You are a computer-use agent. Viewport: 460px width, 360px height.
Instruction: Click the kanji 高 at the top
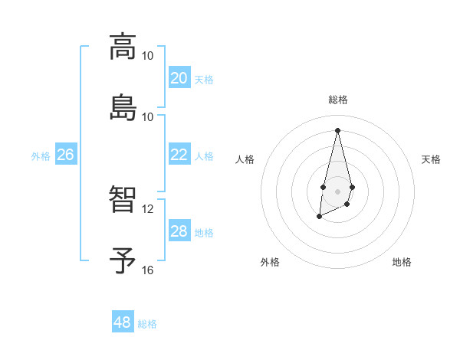123,47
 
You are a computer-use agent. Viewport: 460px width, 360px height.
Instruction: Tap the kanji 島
123,107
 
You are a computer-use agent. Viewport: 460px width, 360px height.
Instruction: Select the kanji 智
123,200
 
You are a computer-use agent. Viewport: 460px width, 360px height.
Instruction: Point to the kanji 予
123,260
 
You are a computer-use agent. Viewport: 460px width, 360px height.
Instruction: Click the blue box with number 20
179,78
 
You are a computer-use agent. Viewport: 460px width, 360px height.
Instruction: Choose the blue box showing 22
179,155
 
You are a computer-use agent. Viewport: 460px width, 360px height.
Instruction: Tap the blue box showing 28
179,231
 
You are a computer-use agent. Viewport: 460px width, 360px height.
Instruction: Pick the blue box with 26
65,155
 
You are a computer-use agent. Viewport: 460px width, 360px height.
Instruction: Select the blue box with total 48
123,322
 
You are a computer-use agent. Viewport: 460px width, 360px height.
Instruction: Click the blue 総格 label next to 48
147,324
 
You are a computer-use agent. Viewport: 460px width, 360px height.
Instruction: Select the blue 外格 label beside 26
41,156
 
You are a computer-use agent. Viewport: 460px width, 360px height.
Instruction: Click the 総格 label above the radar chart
337,100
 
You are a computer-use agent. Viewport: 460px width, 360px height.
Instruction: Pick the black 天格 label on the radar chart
431,159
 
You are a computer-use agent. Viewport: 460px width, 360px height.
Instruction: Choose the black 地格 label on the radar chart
402,262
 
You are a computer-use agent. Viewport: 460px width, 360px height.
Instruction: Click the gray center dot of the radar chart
337,190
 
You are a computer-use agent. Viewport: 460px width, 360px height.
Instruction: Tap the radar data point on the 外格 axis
319,217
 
